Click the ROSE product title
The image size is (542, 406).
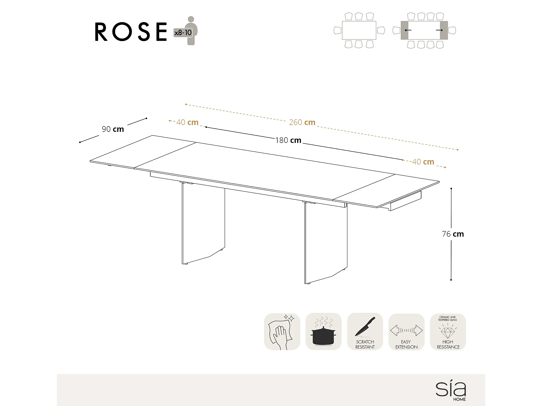[131, 32]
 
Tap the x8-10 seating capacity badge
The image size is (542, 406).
[183, 33]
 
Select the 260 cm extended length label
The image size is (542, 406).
[302, 122]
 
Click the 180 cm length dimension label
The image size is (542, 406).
[288, 140]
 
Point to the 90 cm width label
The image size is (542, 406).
[113, 129]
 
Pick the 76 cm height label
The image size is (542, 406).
[453, 234]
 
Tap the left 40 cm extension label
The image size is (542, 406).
[187, 122]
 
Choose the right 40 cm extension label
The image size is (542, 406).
[423, 162]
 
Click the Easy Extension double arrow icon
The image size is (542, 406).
[406, 330]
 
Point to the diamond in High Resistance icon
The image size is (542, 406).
[448, 331]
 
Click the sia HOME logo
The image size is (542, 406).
[451, 390]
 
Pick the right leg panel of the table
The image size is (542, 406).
[325, 243]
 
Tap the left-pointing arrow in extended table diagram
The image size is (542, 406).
[408, 30]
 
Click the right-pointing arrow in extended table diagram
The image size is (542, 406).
[439, 30]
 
